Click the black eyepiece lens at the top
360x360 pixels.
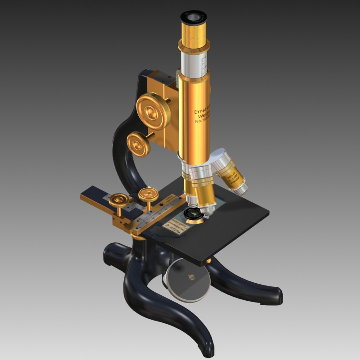pyautogui.click(x=194, y=16)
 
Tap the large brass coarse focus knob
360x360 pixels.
pyautogui.click(x=153, y=111)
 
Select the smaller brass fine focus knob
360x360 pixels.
pyautogui.click(x=138, y=144)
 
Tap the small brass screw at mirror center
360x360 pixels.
pyautogui.click(x=192, y=276)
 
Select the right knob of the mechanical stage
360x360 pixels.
pyautogui.click(x=148, y=194)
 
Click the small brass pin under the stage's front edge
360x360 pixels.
pyautogui.click(x=209, y=261)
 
